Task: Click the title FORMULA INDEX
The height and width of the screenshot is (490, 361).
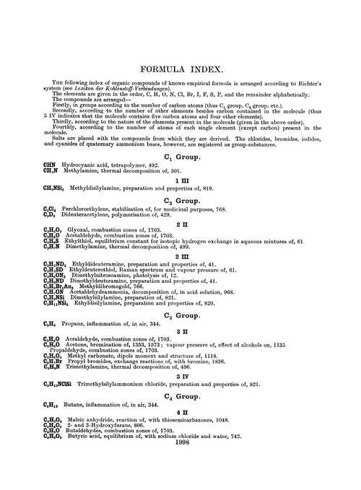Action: click(x=180, y=71)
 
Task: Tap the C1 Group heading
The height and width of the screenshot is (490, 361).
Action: click(x=180, y=176)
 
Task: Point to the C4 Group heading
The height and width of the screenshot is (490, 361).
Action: click(x=180, y=417)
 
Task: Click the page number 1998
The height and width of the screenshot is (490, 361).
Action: click(x=180, y=476)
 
